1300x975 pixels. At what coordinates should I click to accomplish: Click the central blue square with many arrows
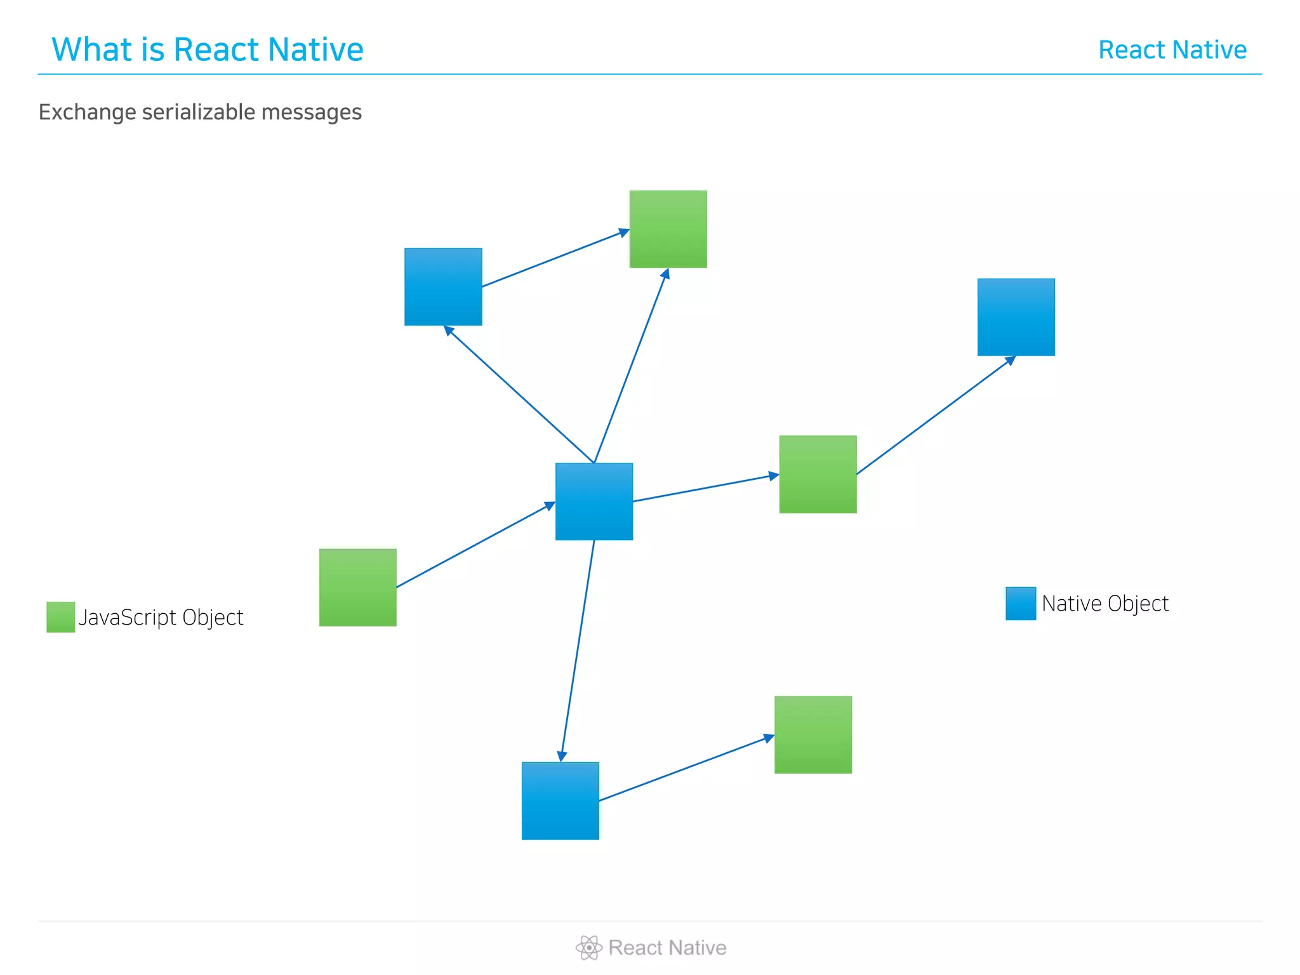594,501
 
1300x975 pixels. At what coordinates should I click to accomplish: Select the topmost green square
668,229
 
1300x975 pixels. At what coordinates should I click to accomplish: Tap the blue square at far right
1016,317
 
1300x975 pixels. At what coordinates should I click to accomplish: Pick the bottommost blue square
560,800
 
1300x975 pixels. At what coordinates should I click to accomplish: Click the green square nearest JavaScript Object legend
357,587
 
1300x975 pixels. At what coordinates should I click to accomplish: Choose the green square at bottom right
812,734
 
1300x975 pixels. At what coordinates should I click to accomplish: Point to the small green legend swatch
60,617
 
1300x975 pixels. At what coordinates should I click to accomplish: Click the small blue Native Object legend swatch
1020,603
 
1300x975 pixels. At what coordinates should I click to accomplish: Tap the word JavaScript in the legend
127,618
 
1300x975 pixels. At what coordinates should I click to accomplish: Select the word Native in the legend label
1070,604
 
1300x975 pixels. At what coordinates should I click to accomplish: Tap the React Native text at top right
1172,50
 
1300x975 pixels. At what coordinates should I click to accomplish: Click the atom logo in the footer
588,947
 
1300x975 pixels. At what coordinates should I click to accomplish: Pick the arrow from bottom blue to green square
686,768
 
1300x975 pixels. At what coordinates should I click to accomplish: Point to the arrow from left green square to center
475,545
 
